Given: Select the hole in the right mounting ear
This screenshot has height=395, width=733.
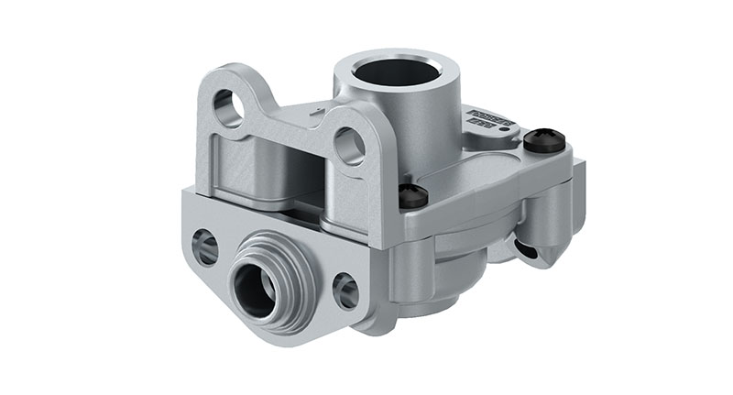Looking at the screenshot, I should tap(348, 145).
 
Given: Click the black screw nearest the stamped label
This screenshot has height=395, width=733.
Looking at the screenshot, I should tap(543, 139).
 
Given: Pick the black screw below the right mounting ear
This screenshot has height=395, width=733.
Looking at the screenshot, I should tap(413, 195).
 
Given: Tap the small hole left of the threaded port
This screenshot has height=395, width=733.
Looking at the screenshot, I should tap(205, 247).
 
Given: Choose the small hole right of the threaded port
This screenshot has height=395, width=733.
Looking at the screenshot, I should tap(346, 291).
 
